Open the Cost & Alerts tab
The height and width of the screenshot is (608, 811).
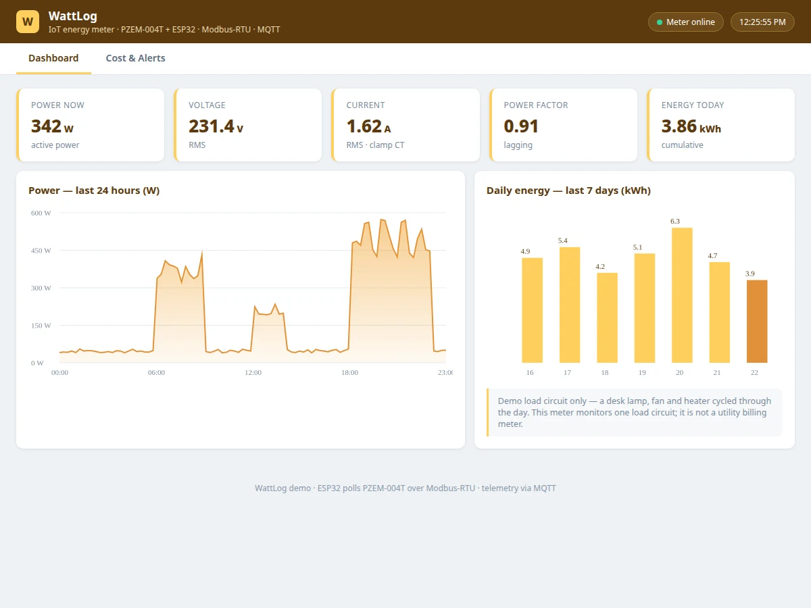[x=135, y=58]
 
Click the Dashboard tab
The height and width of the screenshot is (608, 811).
[x=53, y=58]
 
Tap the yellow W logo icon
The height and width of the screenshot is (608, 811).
[x=28, y=22]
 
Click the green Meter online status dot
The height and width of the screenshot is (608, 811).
[x=659, y=22]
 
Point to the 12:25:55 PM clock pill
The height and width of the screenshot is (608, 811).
[x=762, y=22]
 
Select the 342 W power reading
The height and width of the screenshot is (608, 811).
[x=52, y=126]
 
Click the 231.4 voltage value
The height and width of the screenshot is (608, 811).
[x=212, y=126]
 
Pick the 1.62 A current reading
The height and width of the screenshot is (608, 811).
[x=368, y=126]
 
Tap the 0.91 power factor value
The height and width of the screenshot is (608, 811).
[x=521, y=126]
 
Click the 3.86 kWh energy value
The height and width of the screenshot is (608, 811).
[x=691, y=126]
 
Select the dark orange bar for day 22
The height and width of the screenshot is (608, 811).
[x=757, y=321]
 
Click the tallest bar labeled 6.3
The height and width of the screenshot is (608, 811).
[x=682, y=295]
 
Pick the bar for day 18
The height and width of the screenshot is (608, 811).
[x=607, y=318]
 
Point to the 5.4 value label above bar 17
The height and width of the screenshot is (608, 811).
[x=562, y=240]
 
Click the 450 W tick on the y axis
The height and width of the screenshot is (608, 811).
[x=41, y=251]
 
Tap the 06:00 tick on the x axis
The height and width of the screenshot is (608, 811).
[x=156, y=372]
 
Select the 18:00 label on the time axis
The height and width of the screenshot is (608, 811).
[x=349, y=372]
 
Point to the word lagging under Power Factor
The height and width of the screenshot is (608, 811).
[x=518, y=145]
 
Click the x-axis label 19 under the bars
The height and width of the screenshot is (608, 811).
[x=642, y=372]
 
